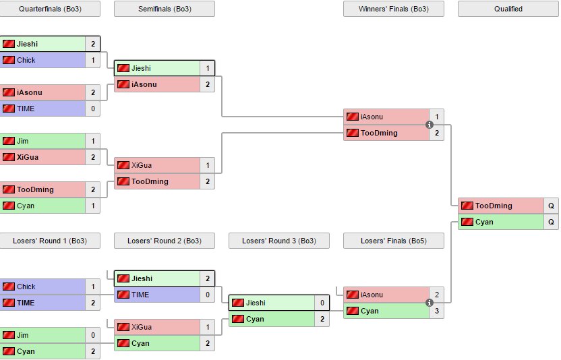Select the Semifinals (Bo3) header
tap(164, 9)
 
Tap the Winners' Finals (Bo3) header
tap(394, 9)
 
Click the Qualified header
tap(508, 9)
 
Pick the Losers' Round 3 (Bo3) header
tap(278, 241)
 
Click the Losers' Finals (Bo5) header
tap(394, 241)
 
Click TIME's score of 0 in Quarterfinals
tap(93, 109)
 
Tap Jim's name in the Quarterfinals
tap(22, 141)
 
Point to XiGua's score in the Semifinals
tap(208, 165)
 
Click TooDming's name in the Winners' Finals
tap(379, 133)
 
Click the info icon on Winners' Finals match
tap(429, 125)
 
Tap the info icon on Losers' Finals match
tap(429, 303)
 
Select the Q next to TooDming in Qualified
tap(552, 206)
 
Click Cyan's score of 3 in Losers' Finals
tap(437, 311)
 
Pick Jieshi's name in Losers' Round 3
tap(256, 303)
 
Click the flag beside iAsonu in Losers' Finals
tap(352, 295)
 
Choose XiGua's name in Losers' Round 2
tap(142, 327)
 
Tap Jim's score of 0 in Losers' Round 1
tap(93, 335)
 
